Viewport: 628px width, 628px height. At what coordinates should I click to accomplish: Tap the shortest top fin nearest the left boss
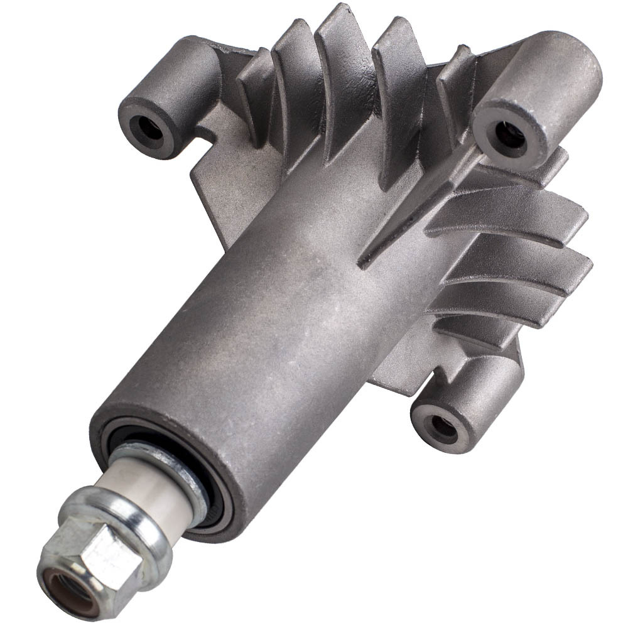click(x=254, y=88)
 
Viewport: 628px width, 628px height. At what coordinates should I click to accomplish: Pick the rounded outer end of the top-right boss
click(x=565, y=69)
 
